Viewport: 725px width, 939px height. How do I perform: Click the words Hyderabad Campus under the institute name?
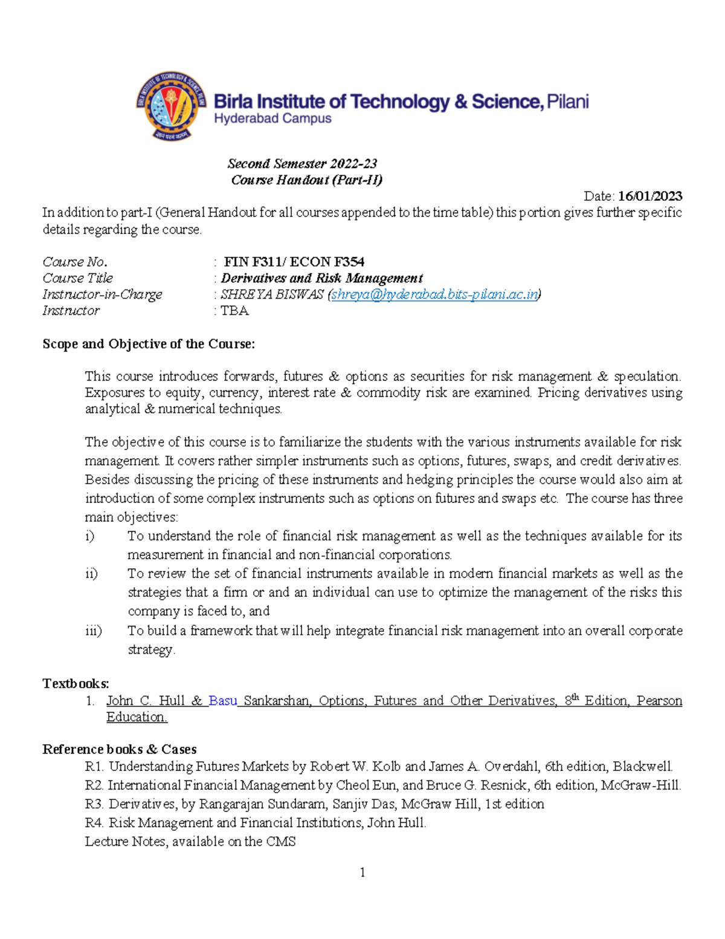272,119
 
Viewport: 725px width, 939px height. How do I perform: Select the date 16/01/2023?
650,196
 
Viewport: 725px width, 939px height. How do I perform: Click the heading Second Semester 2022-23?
302,164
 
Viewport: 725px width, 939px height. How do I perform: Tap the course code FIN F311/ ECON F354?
294,262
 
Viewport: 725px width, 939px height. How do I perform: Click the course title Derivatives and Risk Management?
321,278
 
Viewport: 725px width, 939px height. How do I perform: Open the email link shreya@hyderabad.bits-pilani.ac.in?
434,294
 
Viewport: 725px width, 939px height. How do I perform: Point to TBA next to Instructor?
235,311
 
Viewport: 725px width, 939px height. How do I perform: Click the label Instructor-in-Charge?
102,294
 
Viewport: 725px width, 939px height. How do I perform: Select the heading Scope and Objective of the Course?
149,344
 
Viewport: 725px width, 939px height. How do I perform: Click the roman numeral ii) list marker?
91,573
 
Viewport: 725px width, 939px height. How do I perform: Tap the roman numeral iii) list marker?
93,631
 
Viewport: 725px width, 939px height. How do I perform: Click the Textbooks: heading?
76,684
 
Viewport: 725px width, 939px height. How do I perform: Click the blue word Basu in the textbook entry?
222,701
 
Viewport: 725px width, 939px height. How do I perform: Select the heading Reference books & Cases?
119,749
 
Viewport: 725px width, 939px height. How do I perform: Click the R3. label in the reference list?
95,804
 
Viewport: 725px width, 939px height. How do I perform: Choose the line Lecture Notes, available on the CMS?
190,842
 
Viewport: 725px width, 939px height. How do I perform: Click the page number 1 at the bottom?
362,872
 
